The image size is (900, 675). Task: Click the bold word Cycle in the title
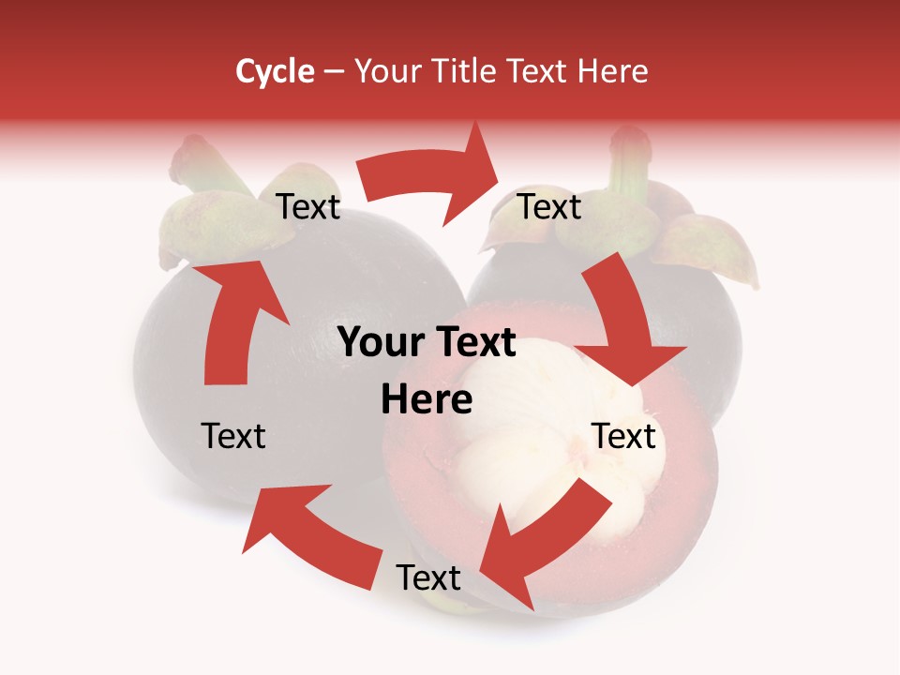275,71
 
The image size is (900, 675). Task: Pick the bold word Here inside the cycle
427,400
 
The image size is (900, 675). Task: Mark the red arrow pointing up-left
309,534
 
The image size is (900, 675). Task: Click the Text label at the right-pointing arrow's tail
307,207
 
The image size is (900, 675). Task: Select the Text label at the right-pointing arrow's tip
549,207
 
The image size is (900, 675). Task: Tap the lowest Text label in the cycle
428,578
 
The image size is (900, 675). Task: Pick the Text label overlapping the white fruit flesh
623,436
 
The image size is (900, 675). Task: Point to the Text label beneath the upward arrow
233,436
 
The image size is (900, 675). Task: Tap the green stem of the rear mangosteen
626,164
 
